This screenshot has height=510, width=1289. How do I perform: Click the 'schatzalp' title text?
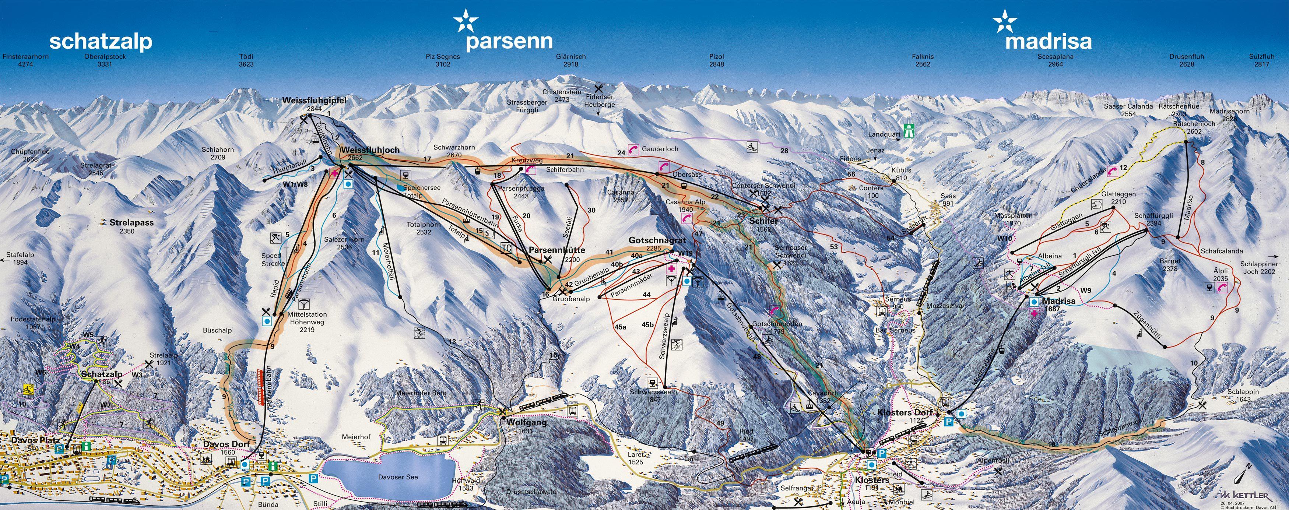coord(101,42)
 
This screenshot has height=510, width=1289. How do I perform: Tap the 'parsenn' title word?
coord(509,42)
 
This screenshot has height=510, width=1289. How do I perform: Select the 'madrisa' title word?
coord(1048,42)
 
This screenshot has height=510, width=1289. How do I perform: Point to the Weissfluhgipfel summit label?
coord(314,101)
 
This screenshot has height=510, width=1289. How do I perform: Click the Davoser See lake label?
coord(398,477)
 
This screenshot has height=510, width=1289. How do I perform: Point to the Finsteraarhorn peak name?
coord(25,57)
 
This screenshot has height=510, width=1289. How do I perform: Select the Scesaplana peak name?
coord(1055,57)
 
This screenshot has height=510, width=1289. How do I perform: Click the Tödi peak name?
coord(246,57)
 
